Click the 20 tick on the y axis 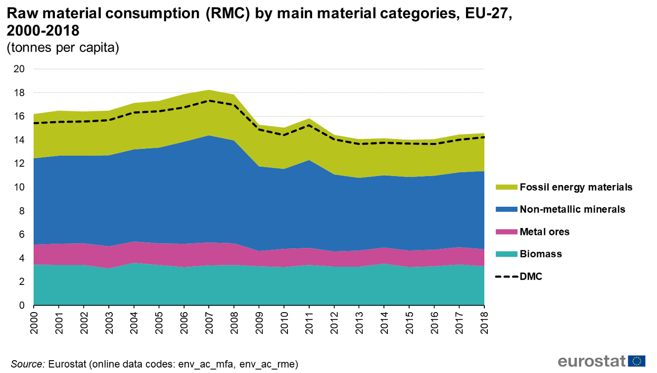pyautogui.click(x=19, y=69)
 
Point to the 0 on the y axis pyautogui.click(x=22, y=305)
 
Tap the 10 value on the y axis pyautogui.click(x=19, y=187)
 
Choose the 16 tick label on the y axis pyautogui.click(x=19, y=116)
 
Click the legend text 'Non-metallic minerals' pyautogui.click(x=572, y=209)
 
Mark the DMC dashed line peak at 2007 pyautogui.click(x=209, y=100)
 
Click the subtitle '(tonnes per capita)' pyautogui.click(x=62, y=48)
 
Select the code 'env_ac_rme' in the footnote pyautogui.click(x=270, y=365)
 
